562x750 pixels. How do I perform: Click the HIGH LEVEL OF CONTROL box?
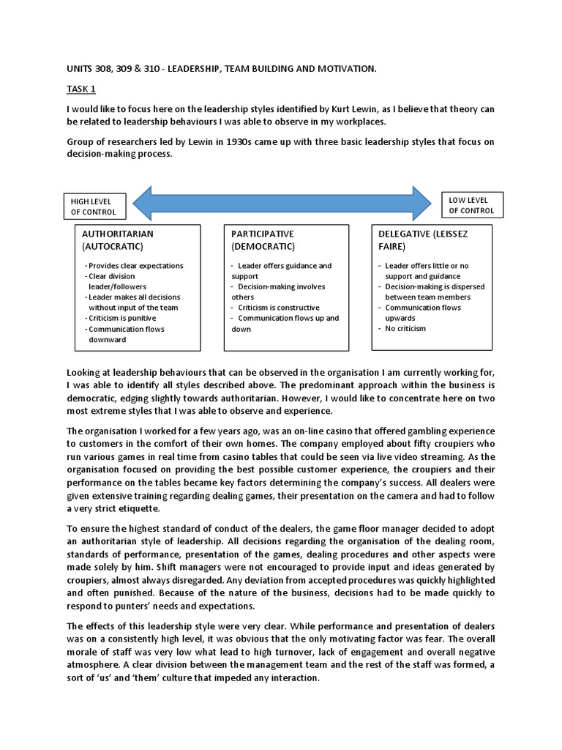point(94,207)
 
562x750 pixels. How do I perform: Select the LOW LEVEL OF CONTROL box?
point(471,205)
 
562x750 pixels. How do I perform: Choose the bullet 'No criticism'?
point(405,328)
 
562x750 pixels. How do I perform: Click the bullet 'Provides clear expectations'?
point(136,265)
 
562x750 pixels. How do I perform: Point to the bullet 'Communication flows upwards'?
point(423,313)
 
